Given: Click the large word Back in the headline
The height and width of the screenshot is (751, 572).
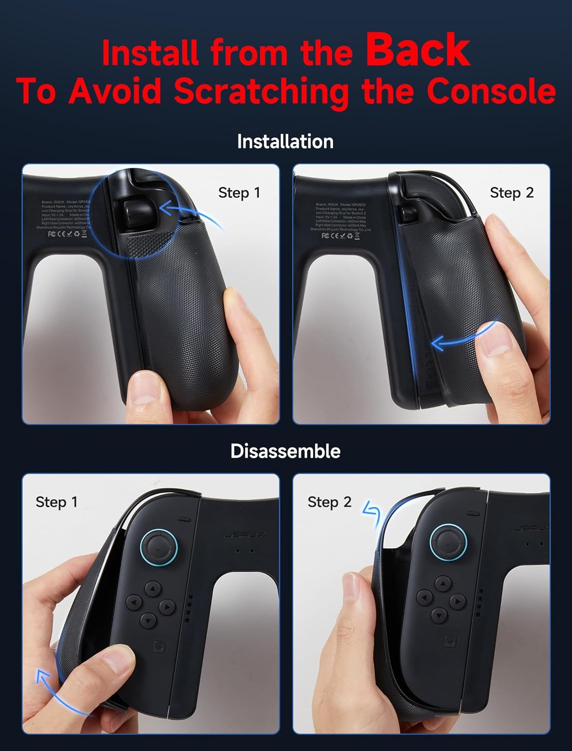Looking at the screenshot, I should pos(418,50).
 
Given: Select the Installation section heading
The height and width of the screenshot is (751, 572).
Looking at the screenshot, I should pos(285,142).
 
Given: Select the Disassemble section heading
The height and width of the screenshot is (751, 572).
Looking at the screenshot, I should pos(285,451).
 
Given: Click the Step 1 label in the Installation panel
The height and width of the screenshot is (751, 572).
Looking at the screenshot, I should pos(239,193).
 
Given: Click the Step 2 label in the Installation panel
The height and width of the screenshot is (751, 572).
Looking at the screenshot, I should pos(511,193).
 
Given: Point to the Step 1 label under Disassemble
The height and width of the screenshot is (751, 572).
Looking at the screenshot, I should pos(57,502).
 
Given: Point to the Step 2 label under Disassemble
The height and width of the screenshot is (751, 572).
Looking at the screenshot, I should pos(329,502).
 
